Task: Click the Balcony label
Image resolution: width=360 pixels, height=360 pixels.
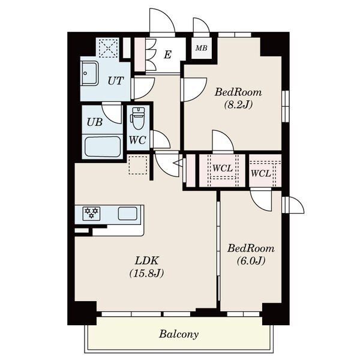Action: [179, 334]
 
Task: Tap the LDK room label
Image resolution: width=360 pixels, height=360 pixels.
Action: [147, 261]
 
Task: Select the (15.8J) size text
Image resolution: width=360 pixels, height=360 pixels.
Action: [146, 273]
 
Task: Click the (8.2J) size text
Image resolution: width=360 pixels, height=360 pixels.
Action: [238, 104]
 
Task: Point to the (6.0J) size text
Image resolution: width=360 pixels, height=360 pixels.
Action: [251, 260]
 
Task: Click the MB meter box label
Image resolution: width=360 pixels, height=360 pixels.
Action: [202, 48]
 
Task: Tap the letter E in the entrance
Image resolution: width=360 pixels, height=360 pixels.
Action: [167, 55]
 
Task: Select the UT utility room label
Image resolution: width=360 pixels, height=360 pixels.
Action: [116, 81]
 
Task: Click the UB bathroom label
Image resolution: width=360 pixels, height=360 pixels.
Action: [95, 122]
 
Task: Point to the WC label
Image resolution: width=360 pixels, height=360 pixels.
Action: [137, 140]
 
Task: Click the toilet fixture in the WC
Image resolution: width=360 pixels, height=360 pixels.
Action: [138, 118]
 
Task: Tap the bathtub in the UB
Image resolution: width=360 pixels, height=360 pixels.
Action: [102, 147]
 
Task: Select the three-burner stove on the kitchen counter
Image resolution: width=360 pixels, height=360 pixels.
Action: [91, 213]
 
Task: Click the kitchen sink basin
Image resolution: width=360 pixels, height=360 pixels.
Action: [128, 214]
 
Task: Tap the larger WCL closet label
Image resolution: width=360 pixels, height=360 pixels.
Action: [223, 168]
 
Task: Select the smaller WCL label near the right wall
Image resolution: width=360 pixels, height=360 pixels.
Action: [261, 173]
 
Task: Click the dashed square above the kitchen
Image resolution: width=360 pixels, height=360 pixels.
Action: [138, 165]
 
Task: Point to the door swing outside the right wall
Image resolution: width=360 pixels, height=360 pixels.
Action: [295, 205]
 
